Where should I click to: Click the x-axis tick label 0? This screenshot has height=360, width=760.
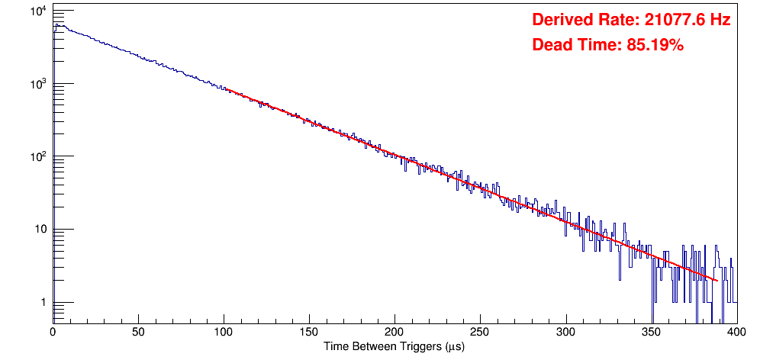click(x=52, y=332)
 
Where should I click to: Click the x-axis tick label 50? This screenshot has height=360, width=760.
click(x=137, y=332)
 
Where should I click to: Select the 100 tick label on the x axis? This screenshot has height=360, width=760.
click(x=223, y=332)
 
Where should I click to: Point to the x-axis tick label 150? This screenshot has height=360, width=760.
click(x=308, y=332)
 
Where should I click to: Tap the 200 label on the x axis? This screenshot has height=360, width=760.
click(x=394, y=332)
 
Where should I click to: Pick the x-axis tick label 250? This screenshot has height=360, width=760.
click(x=480, y=332)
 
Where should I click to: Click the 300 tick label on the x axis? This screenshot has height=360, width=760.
click(x=565, y=332)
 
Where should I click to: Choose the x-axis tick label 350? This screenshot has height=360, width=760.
click(x=651, y=332)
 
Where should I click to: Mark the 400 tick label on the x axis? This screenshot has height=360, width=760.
click(x=736, y=332)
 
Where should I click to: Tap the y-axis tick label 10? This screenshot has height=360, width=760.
click(x=39, y=230)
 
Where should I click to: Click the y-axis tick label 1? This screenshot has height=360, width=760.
click(x=42, y=303)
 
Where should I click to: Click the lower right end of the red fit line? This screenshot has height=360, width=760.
click(x=717, y=281)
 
